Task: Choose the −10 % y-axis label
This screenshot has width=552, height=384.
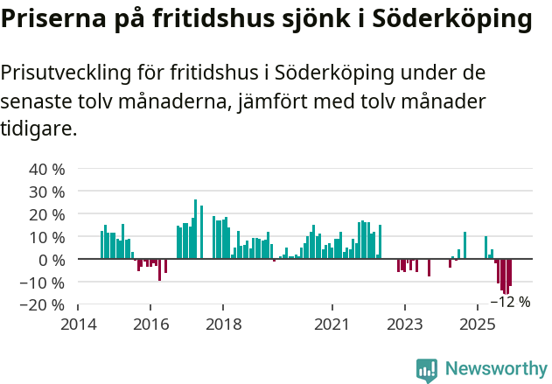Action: (x=43, y=283)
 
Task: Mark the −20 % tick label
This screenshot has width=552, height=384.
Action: (x=43, y=305)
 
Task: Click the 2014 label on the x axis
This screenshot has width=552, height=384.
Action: (x=78, y=323)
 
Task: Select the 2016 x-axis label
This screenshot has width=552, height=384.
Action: (x=150, y=323)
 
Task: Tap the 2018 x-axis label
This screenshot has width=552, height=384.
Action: (x=223, y=323)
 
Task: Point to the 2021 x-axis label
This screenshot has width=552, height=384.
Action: (x=332, y=323)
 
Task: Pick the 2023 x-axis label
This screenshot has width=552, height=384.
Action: (x=404, y=323)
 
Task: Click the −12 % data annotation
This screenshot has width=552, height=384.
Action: (x=510, y=302)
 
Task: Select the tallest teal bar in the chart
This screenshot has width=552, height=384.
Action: (x=195, y=229)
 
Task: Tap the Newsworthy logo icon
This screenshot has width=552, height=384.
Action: (x=427, y=370)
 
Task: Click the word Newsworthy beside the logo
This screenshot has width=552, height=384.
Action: (x=496, y=370)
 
